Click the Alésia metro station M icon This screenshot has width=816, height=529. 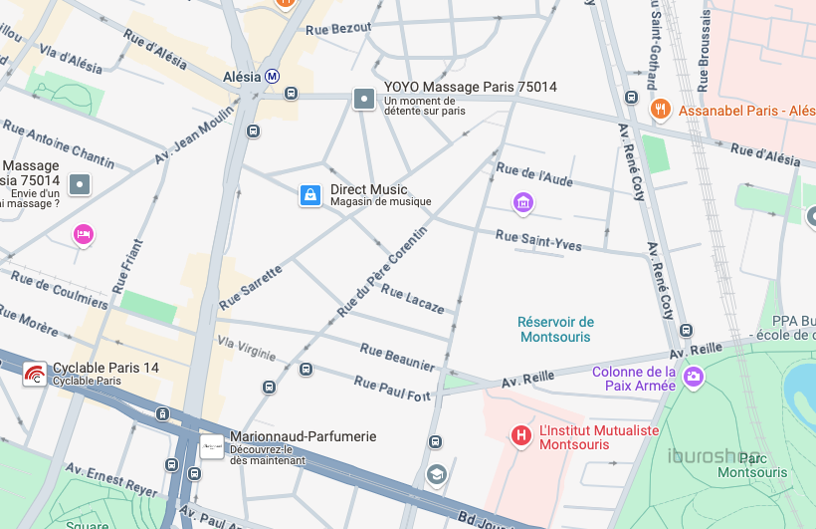tap(272, 76)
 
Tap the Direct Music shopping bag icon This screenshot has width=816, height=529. tap(310, 195)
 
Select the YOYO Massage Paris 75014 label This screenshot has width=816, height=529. tap(470, 88)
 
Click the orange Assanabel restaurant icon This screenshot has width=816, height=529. tap(658, 110)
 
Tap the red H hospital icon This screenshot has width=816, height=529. tap(520, 436)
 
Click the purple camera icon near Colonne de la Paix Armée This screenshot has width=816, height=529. tap(694, 378)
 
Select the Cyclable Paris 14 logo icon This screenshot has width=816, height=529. tap(35, 375)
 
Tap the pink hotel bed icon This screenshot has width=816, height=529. tap(83, 234)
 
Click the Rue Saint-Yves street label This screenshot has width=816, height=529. tap(538, 240)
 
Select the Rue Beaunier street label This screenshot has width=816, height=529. tap(397, 358)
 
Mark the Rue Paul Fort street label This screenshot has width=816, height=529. tap(392, 389)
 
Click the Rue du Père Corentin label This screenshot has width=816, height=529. tap(381, 272)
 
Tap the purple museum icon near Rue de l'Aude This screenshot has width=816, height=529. tap(523, 203)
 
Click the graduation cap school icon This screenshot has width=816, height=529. tap(435, 474)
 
